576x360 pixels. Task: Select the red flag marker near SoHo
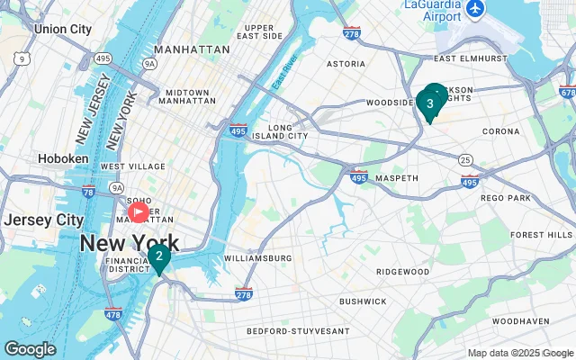click(x=139, y=212)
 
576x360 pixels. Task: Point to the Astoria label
click(x=346, y=65)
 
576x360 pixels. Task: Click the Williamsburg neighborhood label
click(x=257, y=258)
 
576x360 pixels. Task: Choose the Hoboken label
click(x=63, y=158)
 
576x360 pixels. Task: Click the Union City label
click(x=62, y=29)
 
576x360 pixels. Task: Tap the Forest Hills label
click(x=540, y=235)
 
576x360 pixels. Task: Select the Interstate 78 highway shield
click(x=87, y=192)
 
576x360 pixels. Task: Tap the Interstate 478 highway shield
click(x=112, y=313)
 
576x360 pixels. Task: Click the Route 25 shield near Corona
click(x=463, y=159)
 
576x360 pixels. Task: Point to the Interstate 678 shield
click(x=566, y=92)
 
